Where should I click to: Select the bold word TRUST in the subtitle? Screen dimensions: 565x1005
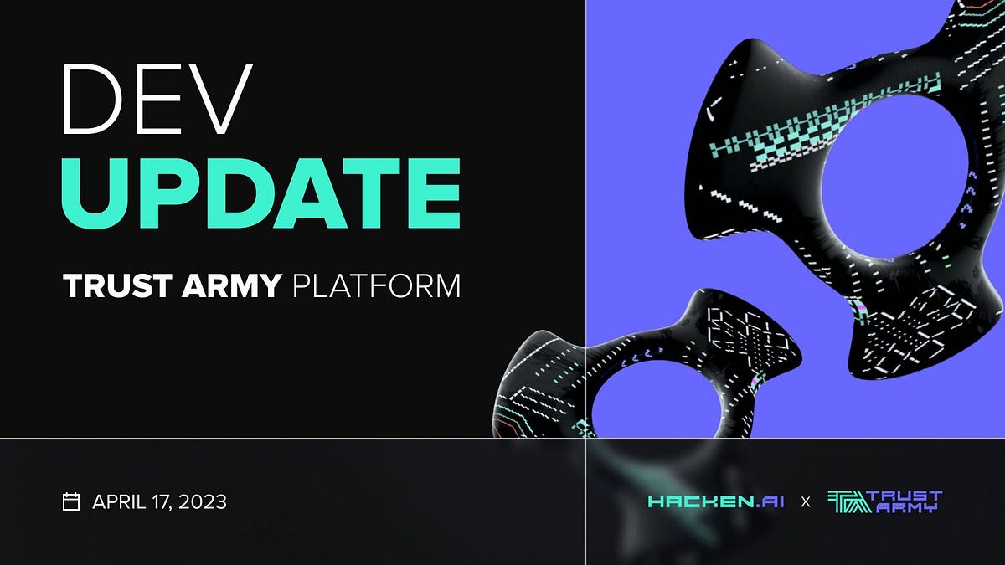pyautogui.click(x=117, y=286)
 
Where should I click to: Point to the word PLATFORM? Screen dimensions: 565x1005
pyautogui.click(x=377, y=286)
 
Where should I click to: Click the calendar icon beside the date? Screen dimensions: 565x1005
pyautogui.click(x=71, y=501)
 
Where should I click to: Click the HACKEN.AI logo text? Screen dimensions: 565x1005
pyautogui.click(x=716, y=502)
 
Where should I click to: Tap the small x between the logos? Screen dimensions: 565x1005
pyautogui.click(x=806, y=502)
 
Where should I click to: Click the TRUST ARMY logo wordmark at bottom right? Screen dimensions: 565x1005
pyautogui.click(x=904, y=501)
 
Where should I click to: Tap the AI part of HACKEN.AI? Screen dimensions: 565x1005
pyautogui.click(x=772, y=502)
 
